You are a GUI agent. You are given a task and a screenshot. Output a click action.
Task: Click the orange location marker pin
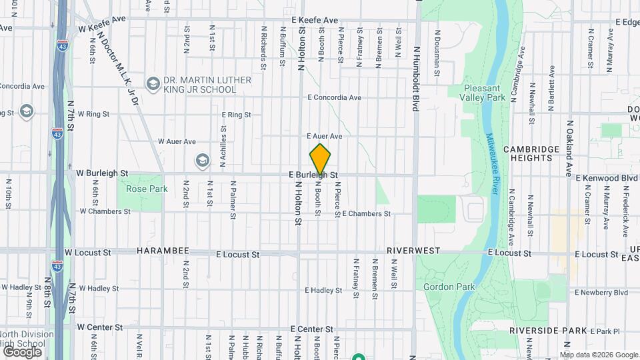(x=321, y=159)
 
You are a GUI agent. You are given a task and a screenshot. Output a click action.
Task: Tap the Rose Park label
(x=137, y=189)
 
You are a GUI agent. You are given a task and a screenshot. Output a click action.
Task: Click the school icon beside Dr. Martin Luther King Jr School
(x=153, y=84)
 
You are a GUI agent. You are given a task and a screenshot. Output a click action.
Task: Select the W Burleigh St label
(x=102, y=173)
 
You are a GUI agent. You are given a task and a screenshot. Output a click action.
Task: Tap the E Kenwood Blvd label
(x=606, y=179)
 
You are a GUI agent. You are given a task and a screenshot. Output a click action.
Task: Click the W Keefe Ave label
(x=102, y=29)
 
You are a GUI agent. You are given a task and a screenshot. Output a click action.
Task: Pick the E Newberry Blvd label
(x=602, y=292)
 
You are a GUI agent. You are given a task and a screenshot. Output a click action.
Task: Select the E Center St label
(x=312, y=329)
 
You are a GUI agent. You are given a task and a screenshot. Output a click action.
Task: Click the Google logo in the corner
(x=22, y=351)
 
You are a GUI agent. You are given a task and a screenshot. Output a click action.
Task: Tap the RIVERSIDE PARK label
(x=548, y=331)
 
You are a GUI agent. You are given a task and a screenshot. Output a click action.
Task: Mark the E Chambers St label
(x=365, y=214)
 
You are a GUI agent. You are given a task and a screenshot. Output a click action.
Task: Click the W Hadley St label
(x=98, y=289)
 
